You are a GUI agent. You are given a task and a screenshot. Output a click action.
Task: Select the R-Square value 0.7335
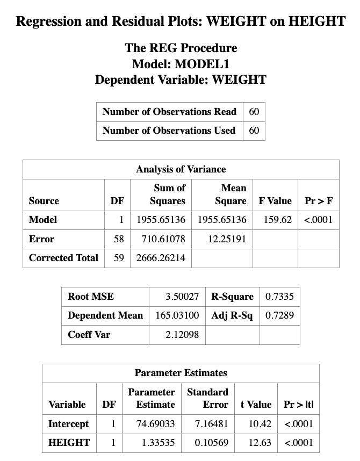(x=279, y=297)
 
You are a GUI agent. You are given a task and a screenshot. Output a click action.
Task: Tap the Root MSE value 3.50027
(x=182, y=297)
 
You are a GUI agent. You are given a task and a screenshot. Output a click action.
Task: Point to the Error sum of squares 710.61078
(x=161, y=239)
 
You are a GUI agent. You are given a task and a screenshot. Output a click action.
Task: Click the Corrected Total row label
(x=63, y=258)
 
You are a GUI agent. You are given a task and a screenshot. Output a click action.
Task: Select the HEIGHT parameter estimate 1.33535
(x=155, y=443)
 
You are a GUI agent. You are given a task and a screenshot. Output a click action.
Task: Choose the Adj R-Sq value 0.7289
(x=279, y=315)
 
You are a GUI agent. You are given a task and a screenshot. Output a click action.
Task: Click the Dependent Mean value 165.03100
(x=177, y=315)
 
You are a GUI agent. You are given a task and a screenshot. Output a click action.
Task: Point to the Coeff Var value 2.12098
(x=182, y=335)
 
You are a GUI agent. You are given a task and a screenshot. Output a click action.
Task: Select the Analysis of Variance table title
(x=181, y=169)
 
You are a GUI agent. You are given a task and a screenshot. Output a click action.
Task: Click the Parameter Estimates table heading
(x=181, y=373)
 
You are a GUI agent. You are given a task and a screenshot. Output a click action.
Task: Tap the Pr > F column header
(x=318, y=201)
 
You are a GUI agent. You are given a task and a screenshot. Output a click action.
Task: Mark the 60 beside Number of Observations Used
(x=254, y=131)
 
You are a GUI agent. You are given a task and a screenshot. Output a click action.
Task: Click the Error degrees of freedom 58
(x=119, y=239)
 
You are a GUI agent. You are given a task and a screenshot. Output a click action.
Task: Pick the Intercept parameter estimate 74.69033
(x=155, y=424)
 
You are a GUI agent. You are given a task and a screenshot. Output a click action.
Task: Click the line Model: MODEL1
(x=181, y=64)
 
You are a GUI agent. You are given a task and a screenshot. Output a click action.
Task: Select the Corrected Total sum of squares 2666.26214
(x=161, y=258)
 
